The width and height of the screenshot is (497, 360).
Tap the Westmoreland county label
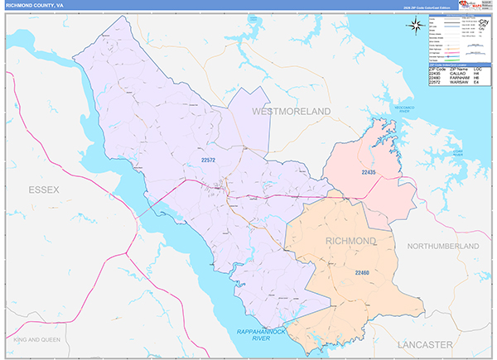tap(291, 110)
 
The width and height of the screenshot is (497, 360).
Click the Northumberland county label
tap(443, 247)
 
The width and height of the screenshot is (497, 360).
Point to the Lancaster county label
tap(423, 343)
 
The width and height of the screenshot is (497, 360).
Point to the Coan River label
tap(452, 152)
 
